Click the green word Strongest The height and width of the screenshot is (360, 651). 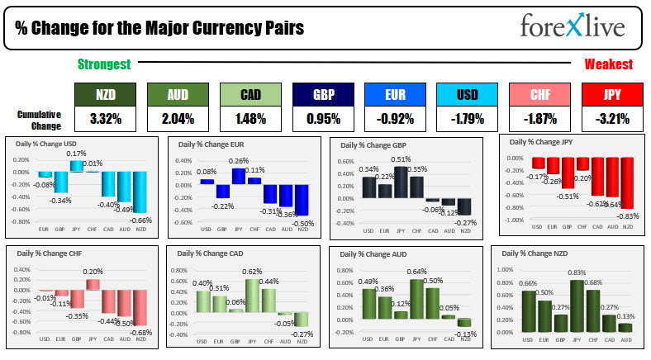click(103, 64)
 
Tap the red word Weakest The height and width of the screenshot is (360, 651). click(609, 64)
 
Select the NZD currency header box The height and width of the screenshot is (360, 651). click(105, 95)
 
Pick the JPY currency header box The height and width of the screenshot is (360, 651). click(611, 95)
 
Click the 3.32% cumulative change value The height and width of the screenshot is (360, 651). click(105, 119)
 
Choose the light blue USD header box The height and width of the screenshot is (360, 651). click(467, 95)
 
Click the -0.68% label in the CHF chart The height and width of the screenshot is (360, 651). click(141, 333)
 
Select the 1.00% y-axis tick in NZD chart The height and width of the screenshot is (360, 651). click(510, 269)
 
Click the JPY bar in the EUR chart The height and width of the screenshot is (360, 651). click(238, 176)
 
